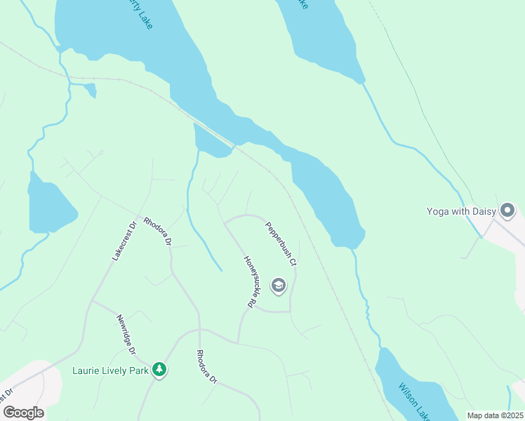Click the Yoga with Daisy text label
[x=461, y=210]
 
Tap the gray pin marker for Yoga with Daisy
[x=507, y=210]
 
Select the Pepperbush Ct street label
[x=281, y=243]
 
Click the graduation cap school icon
[x=279, y=285]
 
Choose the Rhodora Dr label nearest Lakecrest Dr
[x=158, y=231]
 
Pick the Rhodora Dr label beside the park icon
[x=206, y=366]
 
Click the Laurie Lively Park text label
[x=110, y=370]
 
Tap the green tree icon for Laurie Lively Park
[x=159, y=369]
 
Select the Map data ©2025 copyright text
[x=495, y=415]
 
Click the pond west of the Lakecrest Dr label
[x=49, y=203]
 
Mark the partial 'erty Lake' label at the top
[x=140, y=13]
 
